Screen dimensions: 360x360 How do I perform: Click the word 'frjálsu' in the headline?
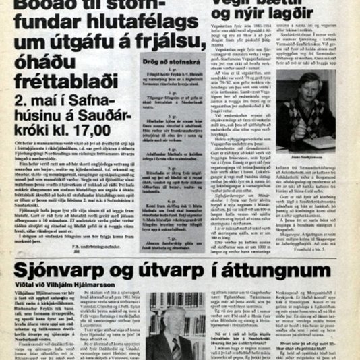pos(165,43)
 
